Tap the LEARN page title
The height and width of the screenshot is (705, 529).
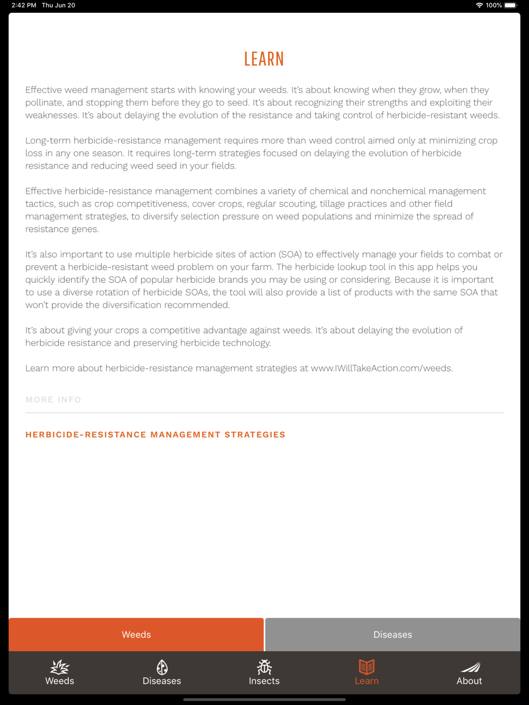pyautogui.click(x=264, y=59)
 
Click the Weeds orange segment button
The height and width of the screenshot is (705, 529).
pyautogui.click(x=136, y=634)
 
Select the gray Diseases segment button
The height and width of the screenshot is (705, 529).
pyautogui.click(x=393, y=634)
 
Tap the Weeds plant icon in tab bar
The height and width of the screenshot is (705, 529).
pyautogui.click(x=60, y=667)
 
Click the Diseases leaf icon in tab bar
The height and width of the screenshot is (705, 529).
pyautogui.click(x=162, y=667)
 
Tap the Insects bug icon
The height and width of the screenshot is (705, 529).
pyautogui.click(x=264, y=667)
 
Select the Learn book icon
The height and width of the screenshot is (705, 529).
pyautogui.click(x=367, y=667)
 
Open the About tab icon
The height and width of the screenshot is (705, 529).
pyautogui.click(x=469, y=667)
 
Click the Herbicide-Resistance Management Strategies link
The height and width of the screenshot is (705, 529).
pyautogui.click(x=156, y=434)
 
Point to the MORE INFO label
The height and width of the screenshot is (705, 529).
pyautogui.click(x=53, y=400)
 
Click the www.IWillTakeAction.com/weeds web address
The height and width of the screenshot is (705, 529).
pyautogui.click(x=381, y=368)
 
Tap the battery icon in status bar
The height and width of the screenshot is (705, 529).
pyautogui.click(x=510, y=5)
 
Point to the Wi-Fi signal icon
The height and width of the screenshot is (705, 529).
pyautogui.click(x=479, y=5)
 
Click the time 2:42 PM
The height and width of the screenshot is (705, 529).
pyautogui.click(x=24, y=5)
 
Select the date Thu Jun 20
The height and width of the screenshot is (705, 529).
pyautogui.click(x=59, y=5)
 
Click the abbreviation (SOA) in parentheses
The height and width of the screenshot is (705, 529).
pyautogui.click(x=290, y=254)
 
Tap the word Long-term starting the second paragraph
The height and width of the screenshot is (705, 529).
pyautogui.click(x=48, y=141)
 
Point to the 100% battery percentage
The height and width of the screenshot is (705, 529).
pyautogui.click(x=494, y=5)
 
